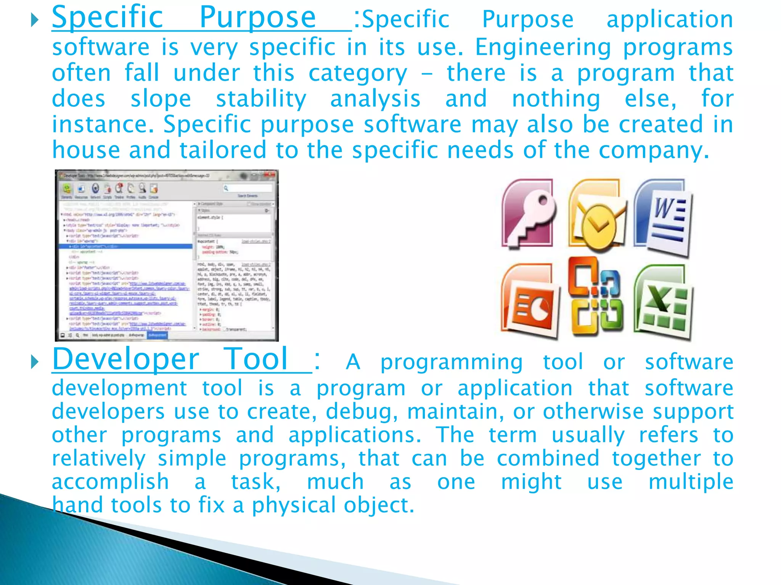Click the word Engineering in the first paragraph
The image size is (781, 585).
(x=543, y=48)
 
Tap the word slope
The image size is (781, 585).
(x=161, y=99)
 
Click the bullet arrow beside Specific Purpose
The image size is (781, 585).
(x=35, y=20)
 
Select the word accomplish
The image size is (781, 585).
(x=110, y=482)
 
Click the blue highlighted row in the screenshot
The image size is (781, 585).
(x=126, y=246)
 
